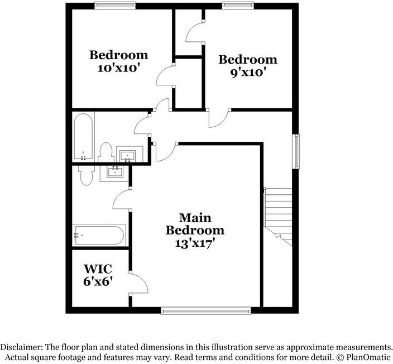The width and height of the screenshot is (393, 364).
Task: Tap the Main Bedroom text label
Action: pos(195,224)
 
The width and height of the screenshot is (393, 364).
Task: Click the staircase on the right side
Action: pos(279,215)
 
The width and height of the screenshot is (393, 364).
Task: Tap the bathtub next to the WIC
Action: pos(98,235)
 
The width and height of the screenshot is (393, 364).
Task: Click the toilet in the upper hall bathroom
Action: pos(106,152)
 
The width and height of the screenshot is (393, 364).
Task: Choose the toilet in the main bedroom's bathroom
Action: pos(86,175)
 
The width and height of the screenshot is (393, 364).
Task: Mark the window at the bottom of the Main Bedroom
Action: pos(205,308)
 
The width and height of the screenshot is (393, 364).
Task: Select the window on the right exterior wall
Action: pos(296,150)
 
